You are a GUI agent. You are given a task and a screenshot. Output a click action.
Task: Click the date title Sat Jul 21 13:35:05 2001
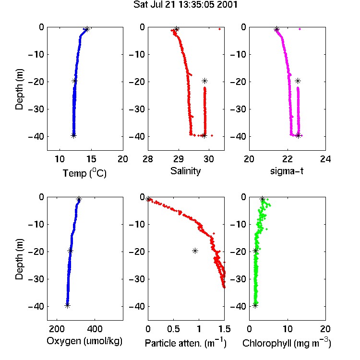(185, 5)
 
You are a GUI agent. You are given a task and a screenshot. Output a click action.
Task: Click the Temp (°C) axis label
(84, 173)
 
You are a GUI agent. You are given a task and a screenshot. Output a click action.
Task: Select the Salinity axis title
(185, 171)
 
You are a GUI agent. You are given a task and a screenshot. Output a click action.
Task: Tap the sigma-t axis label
(287, 171)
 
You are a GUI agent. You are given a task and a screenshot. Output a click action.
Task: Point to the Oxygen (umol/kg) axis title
(84, 341)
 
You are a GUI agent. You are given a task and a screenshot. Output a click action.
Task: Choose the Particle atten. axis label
(185, 343)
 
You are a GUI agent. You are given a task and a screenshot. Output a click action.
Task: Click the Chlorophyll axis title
(287, 343)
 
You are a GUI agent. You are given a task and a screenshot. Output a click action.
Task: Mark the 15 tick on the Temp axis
(91, 159)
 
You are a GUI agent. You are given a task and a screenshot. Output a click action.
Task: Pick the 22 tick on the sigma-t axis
(287, 159)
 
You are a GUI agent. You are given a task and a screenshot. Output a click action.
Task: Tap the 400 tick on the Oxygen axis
(95, 329)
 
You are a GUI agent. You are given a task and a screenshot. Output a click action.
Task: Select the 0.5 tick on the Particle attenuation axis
(173, 329)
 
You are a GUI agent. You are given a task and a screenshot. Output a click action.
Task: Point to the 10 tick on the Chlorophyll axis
(287, 329)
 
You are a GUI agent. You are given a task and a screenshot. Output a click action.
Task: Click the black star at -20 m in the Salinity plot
(204, 81)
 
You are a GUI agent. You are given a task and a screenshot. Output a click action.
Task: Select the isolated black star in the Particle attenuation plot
(195, 251)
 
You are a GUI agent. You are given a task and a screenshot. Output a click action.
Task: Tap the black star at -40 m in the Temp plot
(73, 136)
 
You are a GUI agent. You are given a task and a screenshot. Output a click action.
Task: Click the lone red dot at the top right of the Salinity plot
(220, 29)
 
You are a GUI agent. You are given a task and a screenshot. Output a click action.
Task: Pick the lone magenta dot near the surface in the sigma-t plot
(300, 29)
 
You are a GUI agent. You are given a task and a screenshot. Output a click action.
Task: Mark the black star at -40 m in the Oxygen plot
(67, 306)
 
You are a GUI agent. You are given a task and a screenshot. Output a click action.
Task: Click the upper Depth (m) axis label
(19, 89)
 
